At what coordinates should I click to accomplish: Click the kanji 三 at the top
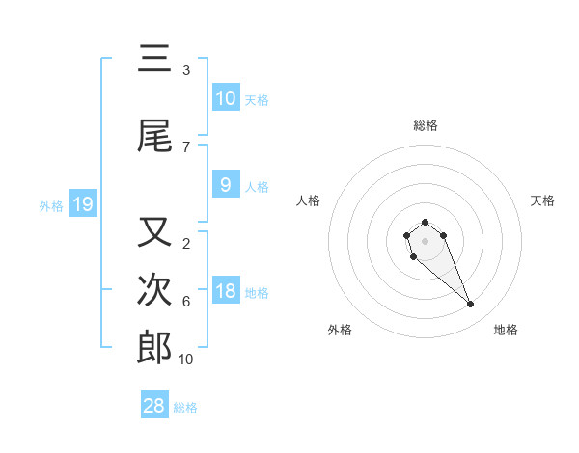[154, 61]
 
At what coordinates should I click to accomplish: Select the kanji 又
[154, 232]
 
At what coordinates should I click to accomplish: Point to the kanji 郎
[154, 348]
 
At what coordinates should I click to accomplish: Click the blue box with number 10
[225, 98]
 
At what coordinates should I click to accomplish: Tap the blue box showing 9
[225, 185]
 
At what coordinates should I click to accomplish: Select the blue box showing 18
[225, 291]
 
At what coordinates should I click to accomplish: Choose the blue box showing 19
[82, 204]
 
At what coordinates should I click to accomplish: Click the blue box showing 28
[154, 406]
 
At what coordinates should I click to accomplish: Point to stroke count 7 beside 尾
[185, 147]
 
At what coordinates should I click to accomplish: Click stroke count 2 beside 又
[185, 244]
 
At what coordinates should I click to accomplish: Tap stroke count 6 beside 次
[185, 302]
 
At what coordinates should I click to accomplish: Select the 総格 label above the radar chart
[425, 125]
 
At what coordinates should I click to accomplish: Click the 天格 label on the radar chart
[542, 200]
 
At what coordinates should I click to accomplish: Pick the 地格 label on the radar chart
[506, 330]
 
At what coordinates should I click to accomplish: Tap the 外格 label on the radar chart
[340, 330]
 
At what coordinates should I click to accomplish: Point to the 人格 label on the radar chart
[309, 200]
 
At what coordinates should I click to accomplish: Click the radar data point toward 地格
[471, 305]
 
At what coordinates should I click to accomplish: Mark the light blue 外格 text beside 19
[50, 205]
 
